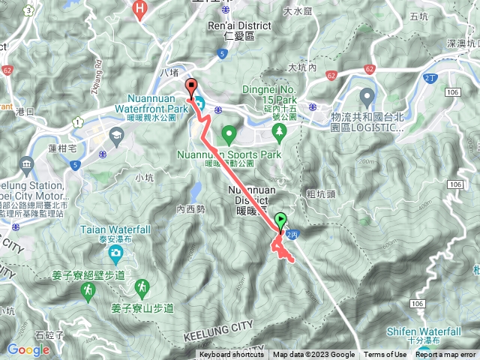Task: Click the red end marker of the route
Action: click(190, 86)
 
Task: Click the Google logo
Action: click(28, 349)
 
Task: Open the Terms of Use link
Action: click(385, 355)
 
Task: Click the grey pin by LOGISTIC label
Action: click(367, 97)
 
